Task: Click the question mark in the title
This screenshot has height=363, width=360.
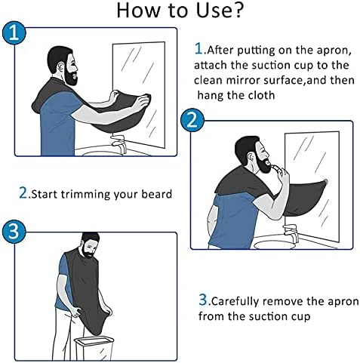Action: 237,10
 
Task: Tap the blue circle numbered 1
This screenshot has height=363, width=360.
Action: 14,33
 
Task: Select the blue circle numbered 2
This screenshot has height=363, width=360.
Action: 192,120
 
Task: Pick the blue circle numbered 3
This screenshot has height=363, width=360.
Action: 14,231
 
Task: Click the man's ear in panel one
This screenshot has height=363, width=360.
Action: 60,67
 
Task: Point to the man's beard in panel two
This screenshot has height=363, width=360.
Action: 263,163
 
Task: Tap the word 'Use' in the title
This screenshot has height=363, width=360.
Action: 212,11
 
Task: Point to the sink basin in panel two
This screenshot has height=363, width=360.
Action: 274,243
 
